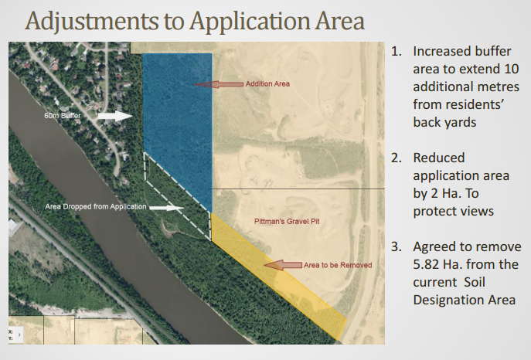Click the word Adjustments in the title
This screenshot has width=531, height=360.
coord(92,22)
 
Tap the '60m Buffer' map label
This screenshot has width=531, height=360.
coord(63,116)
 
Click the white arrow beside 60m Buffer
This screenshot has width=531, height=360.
coord(115,116)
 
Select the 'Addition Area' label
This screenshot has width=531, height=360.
coord(267,84)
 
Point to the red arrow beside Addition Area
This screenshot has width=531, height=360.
coord(219,84)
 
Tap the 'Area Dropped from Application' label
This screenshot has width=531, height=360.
coord(96,207)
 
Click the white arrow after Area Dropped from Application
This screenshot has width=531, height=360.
coord(167,208)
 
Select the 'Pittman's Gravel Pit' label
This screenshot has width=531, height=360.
coord(287,222)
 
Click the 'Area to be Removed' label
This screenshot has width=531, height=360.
coord(338,265)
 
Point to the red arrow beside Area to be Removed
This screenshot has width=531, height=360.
coord(283,265)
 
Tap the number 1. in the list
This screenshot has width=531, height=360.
coord(397,52)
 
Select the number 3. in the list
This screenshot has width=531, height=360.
coord(397,247)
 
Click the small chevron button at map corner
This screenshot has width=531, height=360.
coord(19,335)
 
